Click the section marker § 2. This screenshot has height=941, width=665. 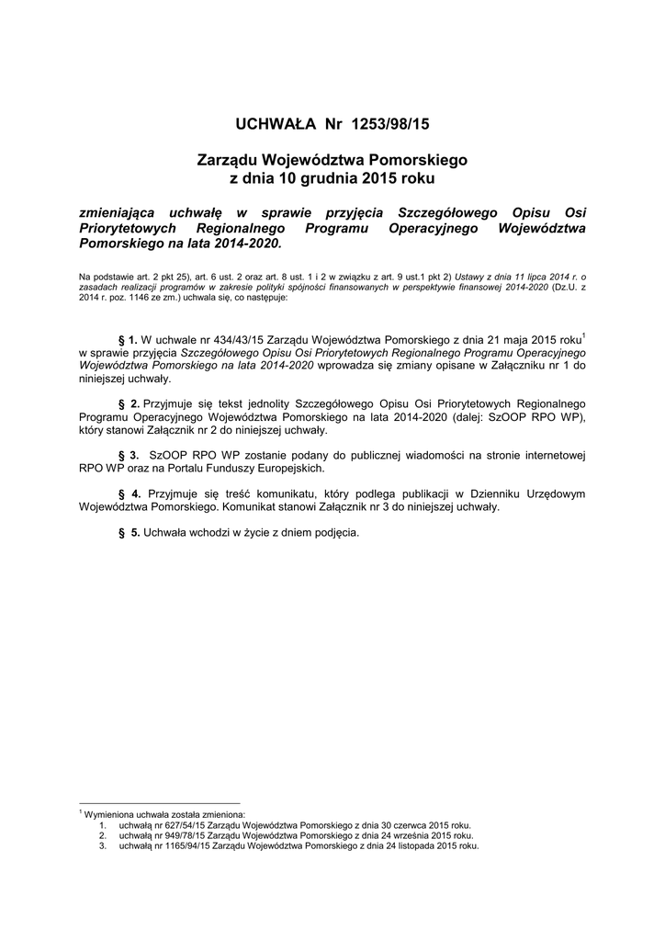tap(129, 403)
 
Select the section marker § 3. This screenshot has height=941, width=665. tap(129, 455)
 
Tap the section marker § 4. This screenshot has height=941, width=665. tap(129, 493)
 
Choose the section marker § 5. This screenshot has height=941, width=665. tap(129, 532)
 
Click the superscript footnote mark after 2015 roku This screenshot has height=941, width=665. tap(584, 334)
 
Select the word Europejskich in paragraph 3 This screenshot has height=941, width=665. tap(287, 468)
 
